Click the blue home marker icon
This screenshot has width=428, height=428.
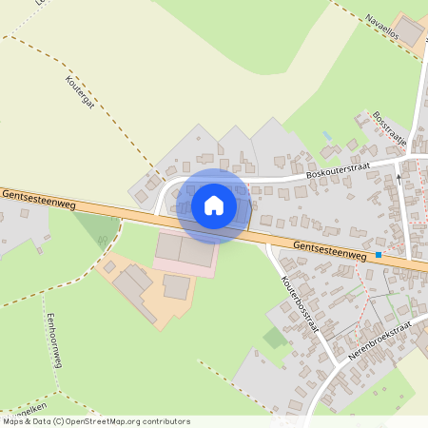click(214, 204)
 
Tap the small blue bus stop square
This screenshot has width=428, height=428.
click(379, 255)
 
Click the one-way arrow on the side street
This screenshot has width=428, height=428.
click(399, 176)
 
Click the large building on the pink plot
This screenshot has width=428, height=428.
click(185, 250)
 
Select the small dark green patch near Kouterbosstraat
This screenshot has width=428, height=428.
click(275, 338)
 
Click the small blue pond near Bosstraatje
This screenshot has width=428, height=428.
click(328, 136)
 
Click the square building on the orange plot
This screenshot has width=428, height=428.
click(177, 286)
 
